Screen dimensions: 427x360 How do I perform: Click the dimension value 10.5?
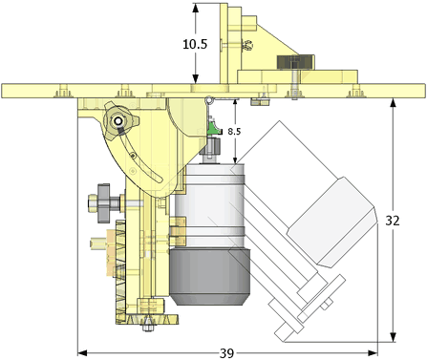tap(195, 44)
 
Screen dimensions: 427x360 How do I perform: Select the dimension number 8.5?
tap(234, 132)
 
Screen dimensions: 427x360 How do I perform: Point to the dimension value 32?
tap(393, 221)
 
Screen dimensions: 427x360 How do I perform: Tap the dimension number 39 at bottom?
tap(226, 353)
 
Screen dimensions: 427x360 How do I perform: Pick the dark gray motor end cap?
tap(210, 276)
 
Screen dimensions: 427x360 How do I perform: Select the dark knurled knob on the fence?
tap(295, 62)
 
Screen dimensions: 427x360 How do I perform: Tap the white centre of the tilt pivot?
tap(118, 121)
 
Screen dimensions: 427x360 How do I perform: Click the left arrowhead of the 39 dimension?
tap(82, 352)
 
